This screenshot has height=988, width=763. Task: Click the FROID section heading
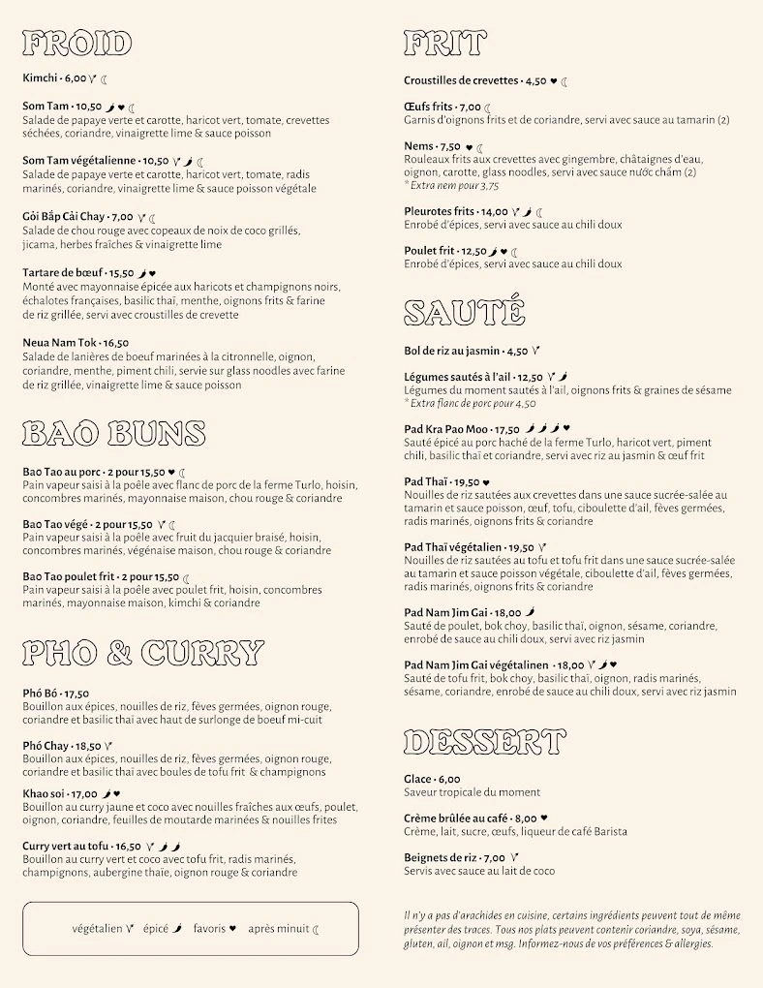coord(76,44)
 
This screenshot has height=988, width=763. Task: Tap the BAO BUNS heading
coord(113,433)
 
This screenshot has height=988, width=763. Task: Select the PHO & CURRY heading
coord(142,653)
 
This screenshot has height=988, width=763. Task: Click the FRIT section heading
coord(444,44)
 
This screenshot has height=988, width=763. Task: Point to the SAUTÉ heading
coord(464,312)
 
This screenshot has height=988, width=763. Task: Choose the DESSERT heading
coord(484,742)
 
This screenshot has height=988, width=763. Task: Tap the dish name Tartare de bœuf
coord(64,273)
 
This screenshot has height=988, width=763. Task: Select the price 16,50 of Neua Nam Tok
coord(115,343)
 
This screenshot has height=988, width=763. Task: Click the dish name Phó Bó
coord(41,694)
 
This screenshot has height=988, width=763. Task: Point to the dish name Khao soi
coord(45,794)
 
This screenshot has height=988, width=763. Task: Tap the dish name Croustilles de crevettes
coord(461,81)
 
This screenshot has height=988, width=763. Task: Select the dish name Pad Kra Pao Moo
coord(446,429)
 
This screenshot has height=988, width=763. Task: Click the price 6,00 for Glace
coord(448,779)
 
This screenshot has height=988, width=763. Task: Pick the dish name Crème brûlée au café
coord(456,818)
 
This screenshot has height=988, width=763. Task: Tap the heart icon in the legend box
coord(232,929)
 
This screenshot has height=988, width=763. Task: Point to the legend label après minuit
coord(278,929)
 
